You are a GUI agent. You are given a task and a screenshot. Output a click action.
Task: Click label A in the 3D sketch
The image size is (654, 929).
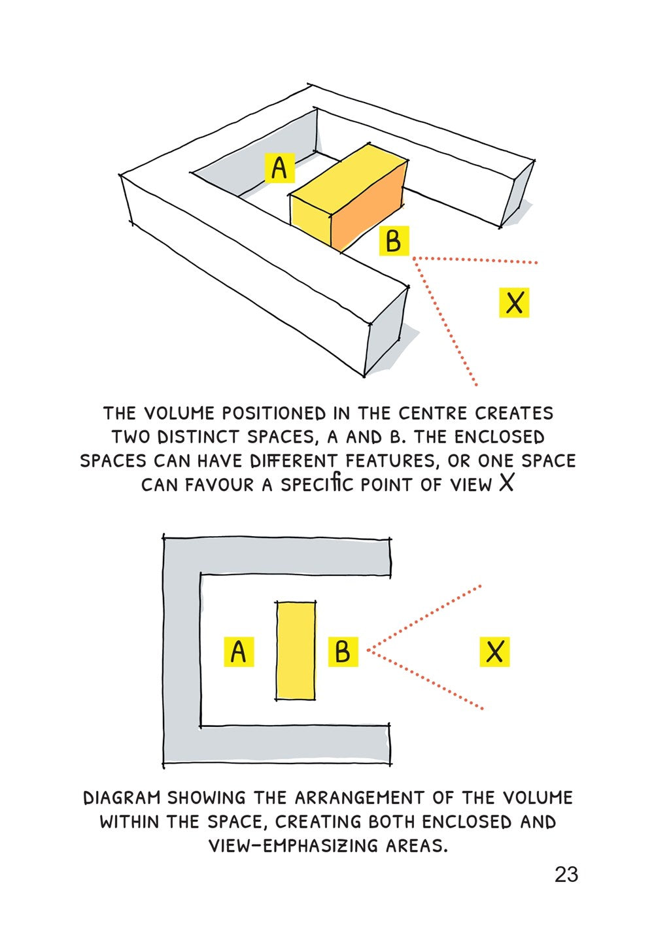279,168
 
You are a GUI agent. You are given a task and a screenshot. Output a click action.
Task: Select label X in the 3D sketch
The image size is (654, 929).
514,303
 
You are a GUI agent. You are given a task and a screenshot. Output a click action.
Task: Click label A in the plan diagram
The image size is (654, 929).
239,652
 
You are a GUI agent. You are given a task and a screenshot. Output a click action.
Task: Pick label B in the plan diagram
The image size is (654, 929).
343,652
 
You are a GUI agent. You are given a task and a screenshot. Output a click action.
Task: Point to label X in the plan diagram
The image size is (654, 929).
494,652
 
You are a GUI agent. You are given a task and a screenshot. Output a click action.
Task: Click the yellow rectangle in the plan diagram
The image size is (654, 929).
296,651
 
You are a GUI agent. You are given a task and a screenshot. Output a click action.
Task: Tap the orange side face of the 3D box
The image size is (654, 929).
370,206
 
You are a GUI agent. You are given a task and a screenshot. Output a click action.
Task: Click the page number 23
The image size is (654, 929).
566,874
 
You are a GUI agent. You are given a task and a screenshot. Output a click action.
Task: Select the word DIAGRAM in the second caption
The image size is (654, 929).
122,798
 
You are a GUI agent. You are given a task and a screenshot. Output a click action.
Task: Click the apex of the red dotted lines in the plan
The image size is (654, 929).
368,650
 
